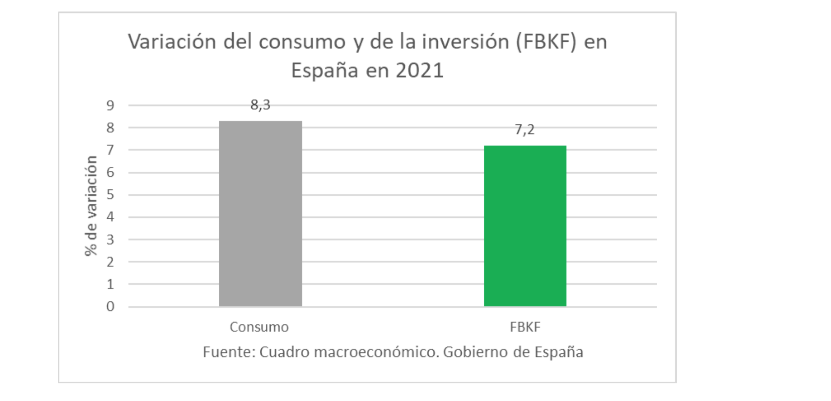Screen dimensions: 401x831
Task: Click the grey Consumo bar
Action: pyautogui.click(x=260, y=213)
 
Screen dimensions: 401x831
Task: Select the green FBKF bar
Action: pyautogui.click(x=525, y=226)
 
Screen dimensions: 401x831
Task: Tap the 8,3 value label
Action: pyautogui.click(x=260, y=105)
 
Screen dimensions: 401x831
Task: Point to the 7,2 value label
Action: pyautogui.click(x=524, y=130)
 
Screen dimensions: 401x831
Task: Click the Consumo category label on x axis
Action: pyautogui.click(x=259, y=327)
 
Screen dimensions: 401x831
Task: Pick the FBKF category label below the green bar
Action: pyautogui.click(x=525, y=327)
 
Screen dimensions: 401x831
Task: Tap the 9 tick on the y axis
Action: pyautogui.click(x=110, y=105)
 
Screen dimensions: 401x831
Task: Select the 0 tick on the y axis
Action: pyautogui.click(x=110, y=306)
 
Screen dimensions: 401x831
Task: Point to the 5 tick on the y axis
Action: pyautogui.click(x=110, y=194)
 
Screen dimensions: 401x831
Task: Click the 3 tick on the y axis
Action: pyautogui.click(x=110, y=239)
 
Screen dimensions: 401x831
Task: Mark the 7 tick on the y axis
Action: pyautogui.click(x=110, y=150)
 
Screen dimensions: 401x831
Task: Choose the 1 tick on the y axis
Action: pyautogui.click(x=110, y=284)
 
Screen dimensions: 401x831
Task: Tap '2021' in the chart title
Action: pyautogui.click(x=420, y=70)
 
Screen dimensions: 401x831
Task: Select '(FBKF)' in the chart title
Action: pyautogui.click(x=546, y=42)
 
